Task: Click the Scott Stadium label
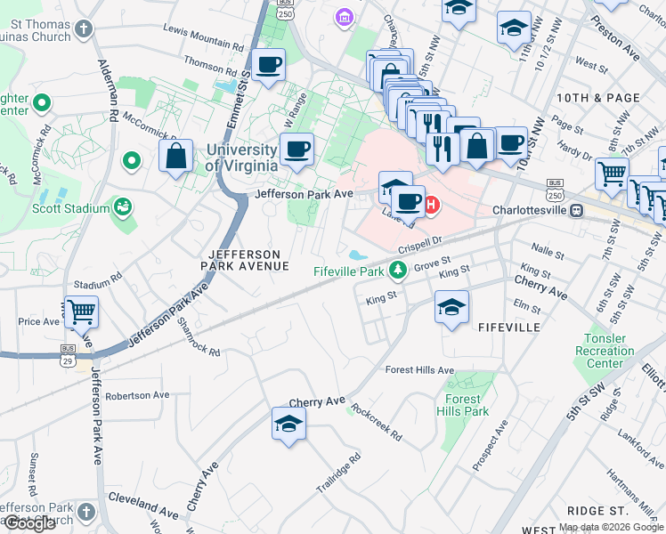point(70,208)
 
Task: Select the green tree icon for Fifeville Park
point(401,270)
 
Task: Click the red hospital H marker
point(432,206)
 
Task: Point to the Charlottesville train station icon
point(577,211)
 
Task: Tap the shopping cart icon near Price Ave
point(81,311)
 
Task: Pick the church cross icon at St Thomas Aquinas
point(83,29)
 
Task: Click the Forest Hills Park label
point(463,405)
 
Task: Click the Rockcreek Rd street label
point(376,423)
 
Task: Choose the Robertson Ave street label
point(136,395)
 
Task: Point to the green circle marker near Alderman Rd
point(132,161)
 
